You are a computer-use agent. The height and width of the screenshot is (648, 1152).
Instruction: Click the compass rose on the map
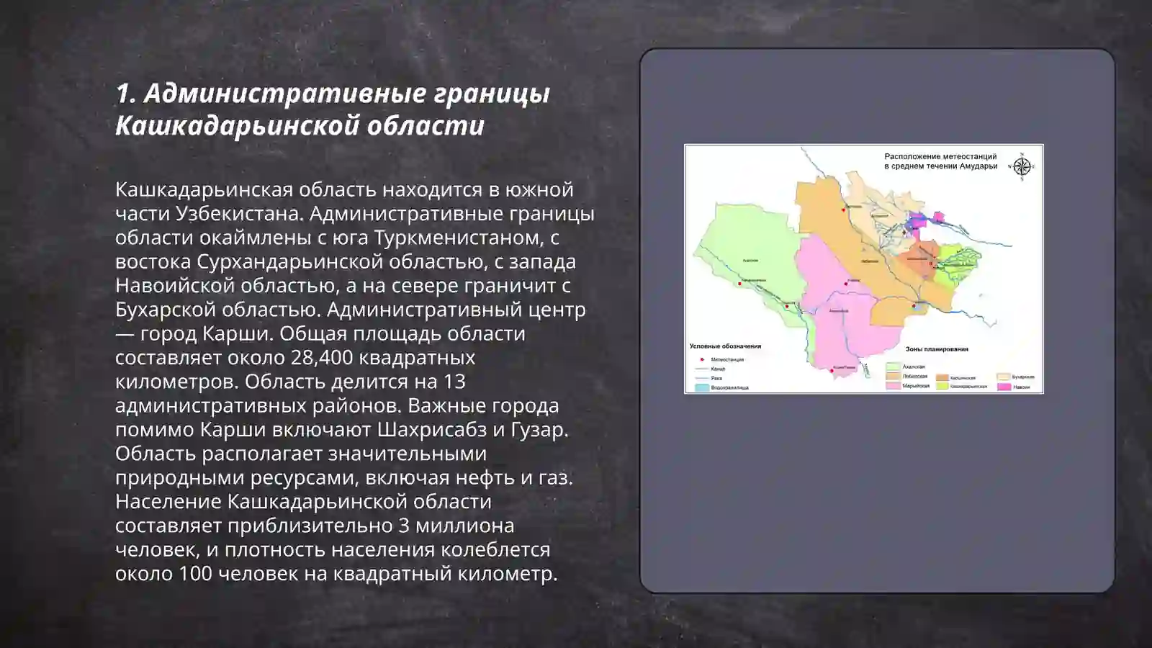[x=1022, y=166]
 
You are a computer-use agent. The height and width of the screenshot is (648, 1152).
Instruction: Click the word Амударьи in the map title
[x=979, y=166]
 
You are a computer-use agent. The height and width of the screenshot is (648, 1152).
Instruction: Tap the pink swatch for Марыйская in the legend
[x=893, y=386]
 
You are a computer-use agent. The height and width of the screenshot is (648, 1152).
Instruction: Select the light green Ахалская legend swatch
[x=893, y=366]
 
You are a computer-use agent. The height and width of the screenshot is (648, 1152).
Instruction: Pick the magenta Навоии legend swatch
[x=1003, y=387]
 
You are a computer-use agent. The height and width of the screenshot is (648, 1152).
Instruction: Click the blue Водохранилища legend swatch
[x=701, y=387]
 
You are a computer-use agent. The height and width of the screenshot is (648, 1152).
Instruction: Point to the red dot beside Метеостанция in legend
[x=701, y=359]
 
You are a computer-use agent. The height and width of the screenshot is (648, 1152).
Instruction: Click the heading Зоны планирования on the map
[x=937, y=349]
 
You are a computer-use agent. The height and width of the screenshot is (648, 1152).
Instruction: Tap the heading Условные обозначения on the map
[x=725, y=346]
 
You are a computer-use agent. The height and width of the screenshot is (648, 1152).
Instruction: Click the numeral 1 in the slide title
[x=123, y=94]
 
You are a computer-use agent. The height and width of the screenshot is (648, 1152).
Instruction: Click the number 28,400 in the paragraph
[x=321, y=357]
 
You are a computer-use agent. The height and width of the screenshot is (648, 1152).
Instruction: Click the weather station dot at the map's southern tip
[x=833, y=369]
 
